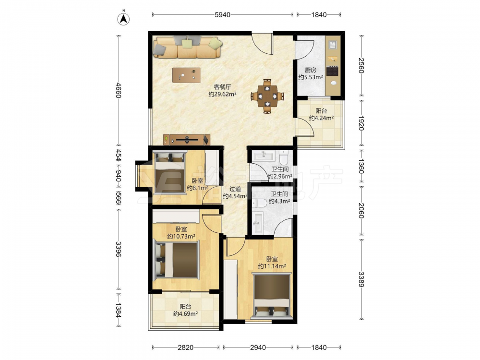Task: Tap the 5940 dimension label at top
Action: pyautogui.click(x=222, y=15)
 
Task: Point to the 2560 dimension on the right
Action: pyautogui.click(x=361, y=65)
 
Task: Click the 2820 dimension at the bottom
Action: pyautogui.click(x=185, y=348)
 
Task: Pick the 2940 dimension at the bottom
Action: pyautogui.click(x=258, y=348)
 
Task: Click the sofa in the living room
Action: pyautogui.click(x=187, y=47)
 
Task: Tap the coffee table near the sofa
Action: pyautogui.click(x=186, y=75)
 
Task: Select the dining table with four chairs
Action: pyautogui.click(x=267, y=96)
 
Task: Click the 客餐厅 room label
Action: pyautogui.click(x=223, y=87)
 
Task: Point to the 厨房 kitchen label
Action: pyautogui.click(x=311, y=70)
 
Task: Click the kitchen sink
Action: pyautogui.click(x=333, y=45)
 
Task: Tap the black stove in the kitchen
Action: pyautogui.click(x=333, y=71)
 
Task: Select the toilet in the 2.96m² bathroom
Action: pyautogui.click(x=284, y=156)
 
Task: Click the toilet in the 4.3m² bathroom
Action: pyautogui.click(x=260, y=203)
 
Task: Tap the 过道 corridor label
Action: pyautogui.click(x=235, y=189)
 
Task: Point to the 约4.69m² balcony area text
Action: pyautogui.click(x=185, y=314)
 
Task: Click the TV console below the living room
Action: pyautogui.click(x=187, y=140)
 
